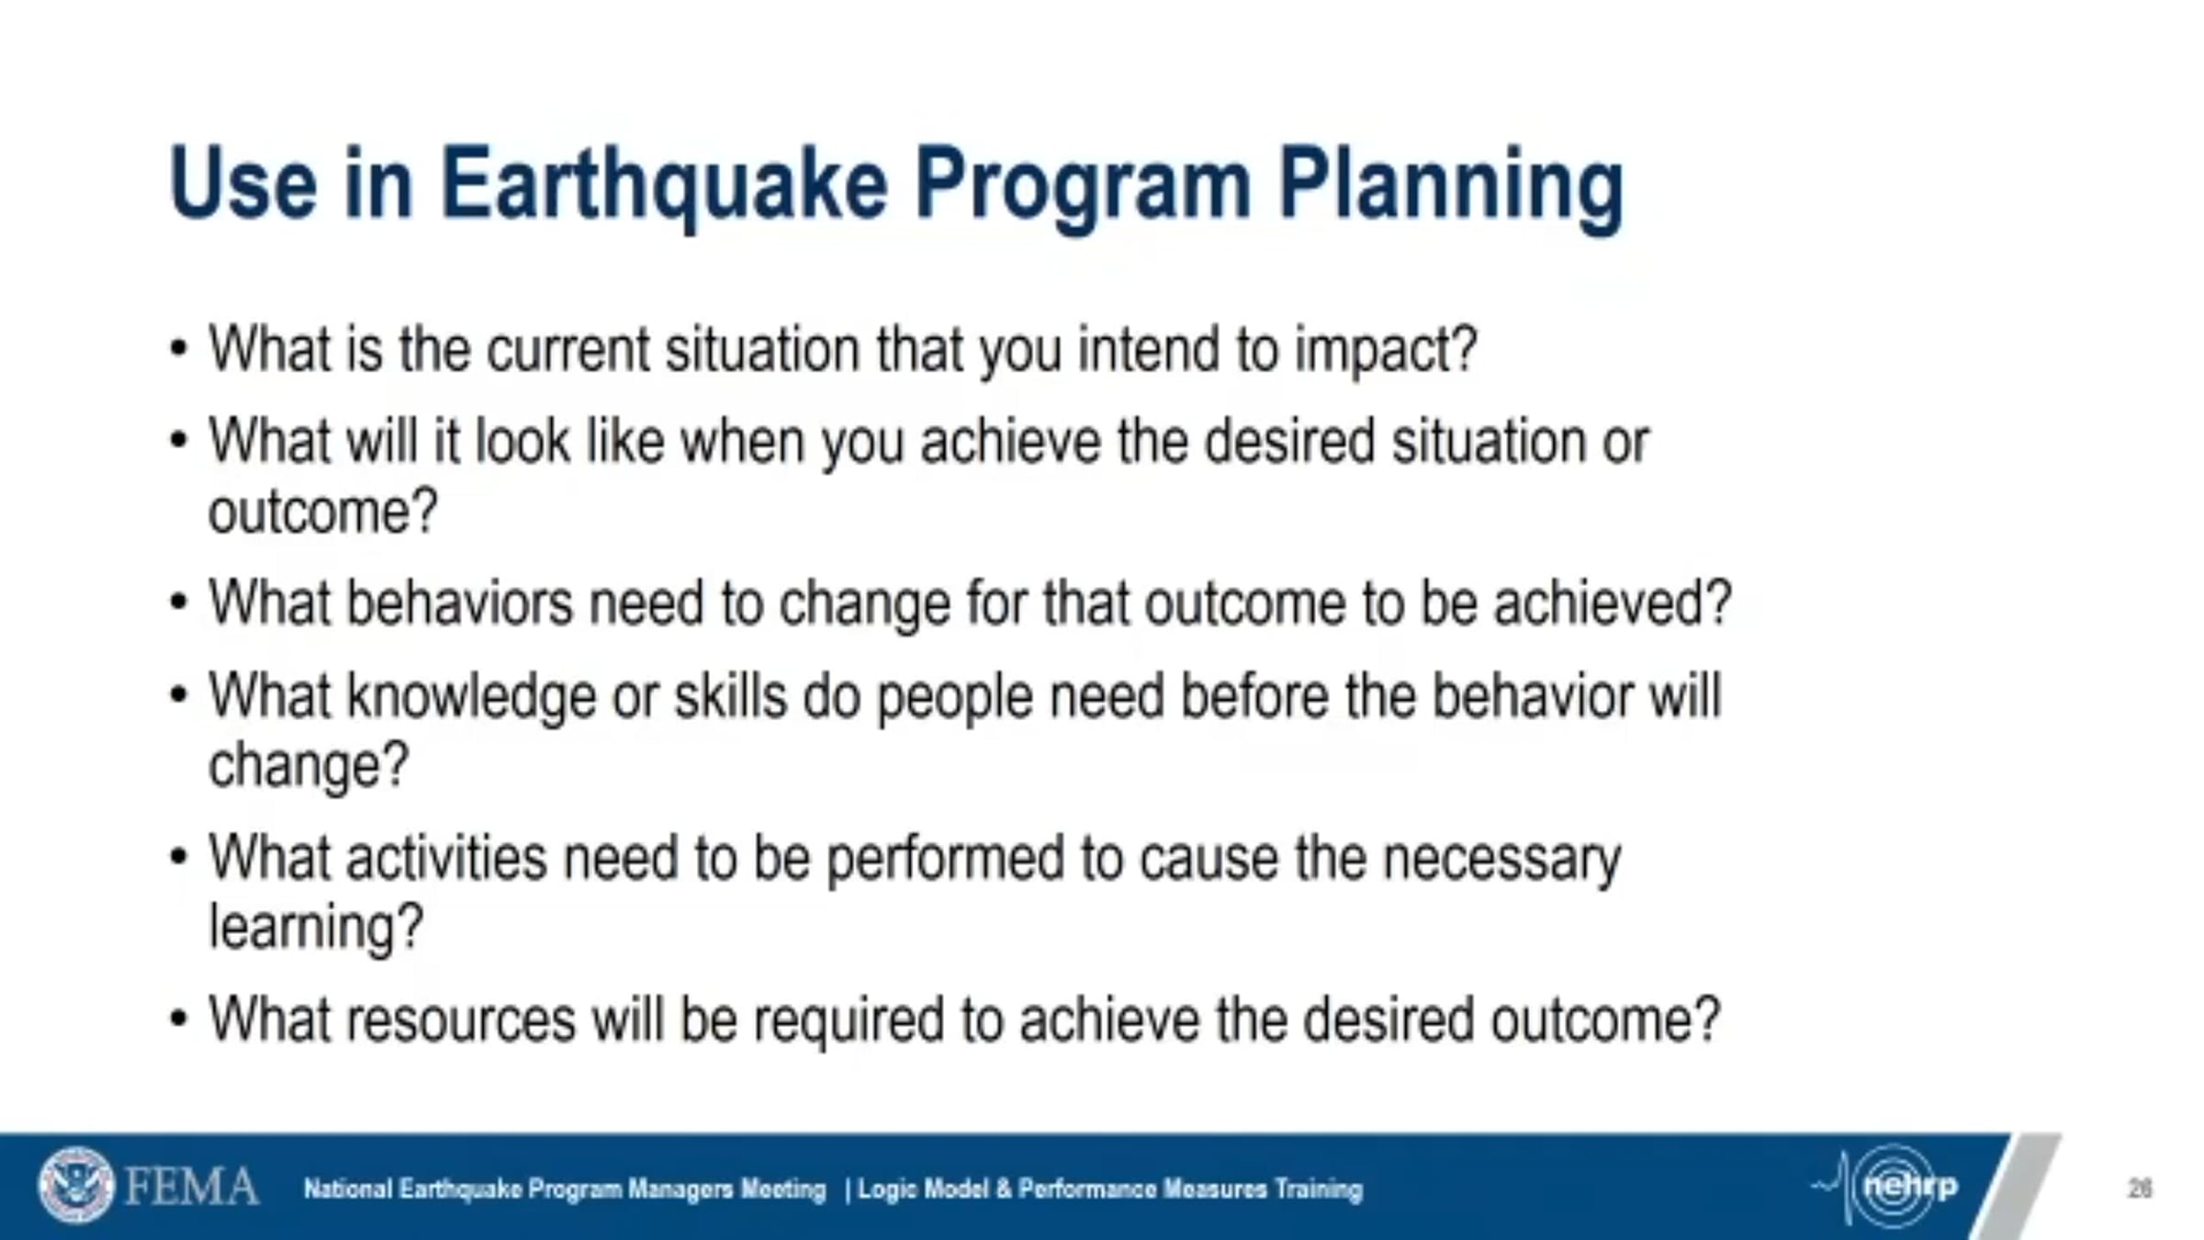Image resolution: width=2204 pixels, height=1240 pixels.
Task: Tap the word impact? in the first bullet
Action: (x=1386, y=351)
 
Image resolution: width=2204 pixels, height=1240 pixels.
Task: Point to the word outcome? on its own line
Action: (x=323, y=512)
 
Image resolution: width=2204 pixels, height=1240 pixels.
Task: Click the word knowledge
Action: (x=471, y=697)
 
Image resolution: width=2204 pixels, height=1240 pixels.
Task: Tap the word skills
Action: (x=731, y=695)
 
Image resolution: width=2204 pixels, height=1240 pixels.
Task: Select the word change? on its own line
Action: (x=309, y=765)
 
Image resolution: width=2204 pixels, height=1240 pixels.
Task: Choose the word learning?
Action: (x=317, y=928)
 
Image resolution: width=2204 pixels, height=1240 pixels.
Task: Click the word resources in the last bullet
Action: (x=461, y=1020)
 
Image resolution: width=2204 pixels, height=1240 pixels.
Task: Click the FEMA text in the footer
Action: (x=191, y=1187)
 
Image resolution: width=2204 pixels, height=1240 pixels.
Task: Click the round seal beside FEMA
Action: (x=76, y=1185)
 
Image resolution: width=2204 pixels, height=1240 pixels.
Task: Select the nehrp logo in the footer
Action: (x=1887, y=1187)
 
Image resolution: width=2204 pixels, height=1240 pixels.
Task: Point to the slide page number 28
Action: (x=2140, y=1189)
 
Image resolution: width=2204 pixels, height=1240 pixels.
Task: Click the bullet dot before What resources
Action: (x=179, y=1019)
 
